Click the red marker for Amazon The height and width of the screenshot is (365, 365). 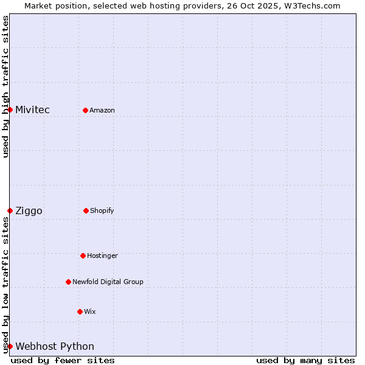86,110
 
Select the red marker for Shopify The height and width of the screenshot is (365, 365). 86,210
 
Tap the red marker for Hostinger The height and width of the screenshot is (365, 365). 83,255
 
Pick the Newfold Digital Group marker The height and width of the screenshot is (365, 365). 68,282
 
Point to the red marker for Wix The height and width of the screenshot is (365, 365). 80,311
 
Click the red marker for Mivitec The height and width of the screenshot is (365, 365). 10,109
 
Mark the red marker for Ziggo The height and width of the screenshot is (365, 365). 10,210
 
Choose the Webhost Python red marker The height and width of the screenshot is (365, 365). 10,346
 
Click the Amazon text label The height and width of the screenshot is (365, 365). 102,110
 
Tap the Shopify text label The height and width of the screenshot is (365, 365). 102,210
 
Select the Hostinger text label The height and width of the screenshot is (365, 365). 102,255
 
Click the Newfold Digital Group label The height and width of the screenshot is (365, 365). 108,282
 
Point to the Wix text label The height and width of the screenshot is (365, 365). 90,311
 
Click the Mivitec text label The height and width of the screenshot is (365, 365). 32,109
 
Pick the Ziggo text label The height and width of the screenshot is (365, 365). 29,210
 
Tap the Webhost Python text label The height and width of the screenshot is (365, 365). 55,346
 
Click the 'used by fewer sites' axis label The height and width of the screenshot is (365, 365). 63,360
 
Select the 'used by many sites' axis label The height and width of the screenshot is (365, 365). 305,360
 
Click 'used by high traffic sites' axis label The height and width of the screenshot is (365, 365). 5,86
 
